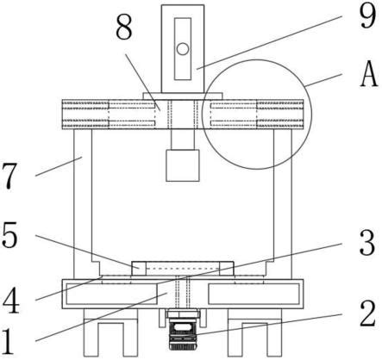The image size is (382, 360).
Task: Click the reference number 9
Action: point(368,16)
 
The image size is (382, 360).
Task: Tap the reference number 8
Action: point(124,28)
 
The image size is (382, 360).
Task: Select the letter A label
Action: point(368,74)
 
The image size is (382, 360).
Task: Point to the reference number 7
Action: point(9,176)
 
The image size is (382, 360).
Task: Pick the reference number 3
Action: point(367,243)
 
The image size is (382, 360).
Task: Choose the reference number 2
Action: point(367,313)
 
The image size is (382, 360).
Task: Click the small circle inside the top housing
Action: point(183,49)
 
